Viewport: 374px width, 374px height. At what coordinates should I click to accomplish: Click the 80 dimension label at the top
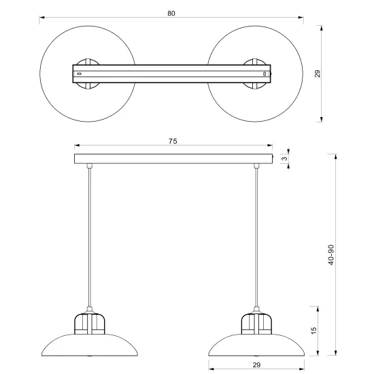171,14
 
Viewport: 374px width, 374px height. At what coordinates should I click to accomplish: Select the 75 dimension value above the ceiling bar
173,141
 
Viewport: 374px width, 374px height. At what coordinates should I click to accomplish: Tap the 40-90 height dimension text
331,255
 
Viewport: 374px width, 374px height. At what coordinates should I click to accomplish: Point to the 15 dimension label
314,330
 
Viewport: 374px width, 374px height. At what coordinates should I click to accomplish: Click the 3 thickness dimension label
284,158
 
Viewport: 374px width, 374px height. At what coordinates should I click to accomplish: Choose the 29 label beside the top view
318,73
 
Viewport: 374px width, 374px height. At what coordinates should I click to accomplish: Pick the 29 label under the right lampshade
256,364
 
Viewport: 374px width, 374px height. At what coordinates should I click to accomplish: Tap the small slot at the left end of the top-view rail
80,73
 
